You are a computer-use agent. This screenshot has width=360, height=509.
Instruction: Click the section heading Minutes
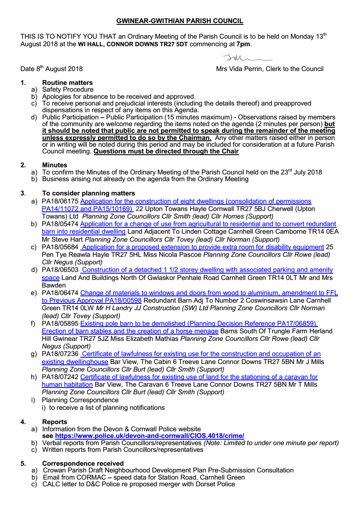(x=53, y=165)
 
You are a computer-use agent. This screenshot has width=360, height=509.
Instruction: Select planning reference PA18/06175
(x=59, y=202)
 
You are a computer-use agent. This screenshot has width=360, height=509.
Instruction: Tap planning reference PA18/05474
(x=59, y=224)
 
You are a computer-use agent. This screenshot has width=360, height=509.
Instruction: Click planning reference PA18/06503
(x=59, y=269)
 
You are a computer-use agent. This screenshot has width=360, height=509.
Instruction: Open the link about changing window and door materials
(x=209, y=292)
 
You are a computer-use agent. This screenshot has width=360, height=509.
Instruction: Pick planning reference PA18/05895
(x=59, y=324)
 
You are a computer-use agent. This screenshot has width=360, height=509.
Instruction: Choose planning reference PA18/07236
(x=59, y=354)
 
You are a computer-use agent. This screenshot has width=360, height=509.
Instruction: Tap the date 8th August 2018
(x=52, y=69)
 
